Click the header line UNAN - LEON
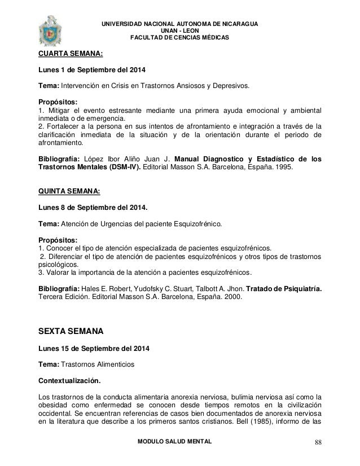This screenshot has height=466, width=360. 179,30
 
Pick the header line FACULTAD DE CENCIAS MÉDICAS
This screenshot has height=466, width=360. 179,38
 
